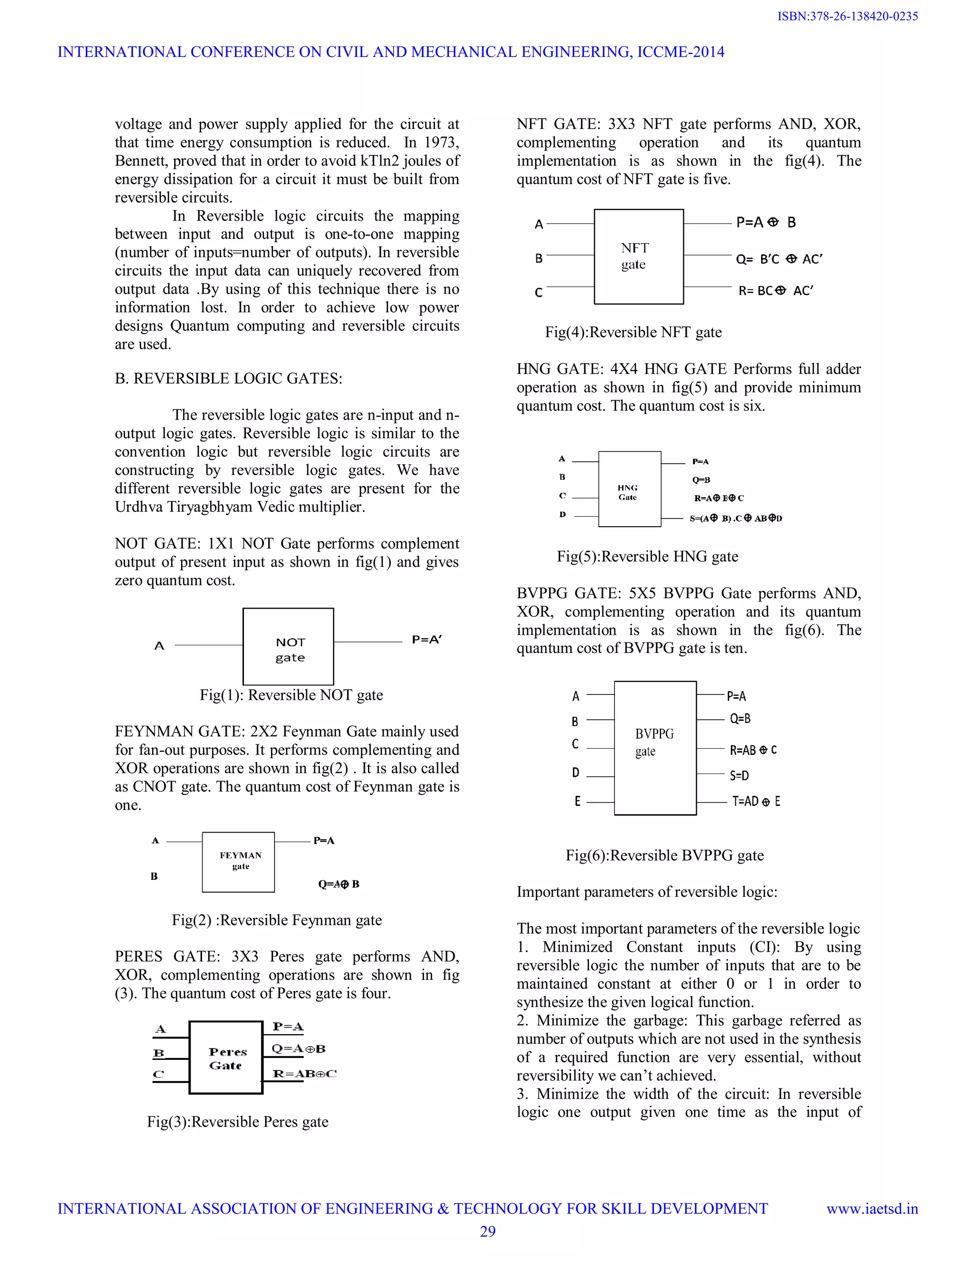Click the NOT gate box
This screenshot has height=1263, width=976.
pyautogui.click(x=288, y=647)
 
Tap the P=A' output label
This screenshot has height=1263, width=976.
pyautogui.click(x=426, y=640)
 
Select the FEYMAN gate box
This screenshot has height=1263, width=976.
pyautogui.click(x=238, y=862)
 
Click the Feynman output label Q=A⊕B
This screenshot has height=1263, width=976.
pyautogui.click(x=338, y=884)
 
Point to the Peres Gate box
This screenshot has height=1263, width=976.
pyautogui.click(x=226, y=1058)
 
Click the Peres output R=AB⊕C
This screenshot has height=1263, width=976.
pyautogui.click(x=304, y=1074)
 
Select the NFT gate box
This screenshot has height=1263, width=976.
pyautogui.click(x=638, y=257)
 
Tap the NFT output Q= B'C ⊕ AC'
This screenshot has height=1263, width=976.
pyautogui.click(x=778, y=260)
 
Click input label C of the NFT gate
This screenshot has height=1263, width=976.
pyautogui.click(x=539, y=293)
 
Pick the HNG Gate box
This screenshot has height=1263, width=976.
pyautogui.click(x=629, y=489)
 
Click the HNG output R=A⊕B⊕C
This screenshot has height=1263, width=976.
pyautogui.click(x=719, y=498)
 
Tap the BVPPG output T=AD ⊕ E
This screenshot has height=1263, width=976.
pyautogui.click(x=756, y=802)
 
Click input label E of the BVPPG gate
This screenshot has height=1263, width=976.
pyautogui.click(x=577, y=802)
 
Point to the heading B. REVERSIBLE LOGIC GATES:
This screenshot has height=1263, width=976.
pyautogui.click(x=228, y=379)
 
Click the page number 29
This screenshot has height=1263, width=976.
pyautogui.click(x=488, y=1232)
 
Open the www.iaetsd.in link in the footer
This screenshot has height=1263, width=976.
pyautogui.click(x=872, y=1209)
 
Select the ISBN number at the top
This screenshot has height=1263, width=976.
pyautogui.click(x=847, y=16)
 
